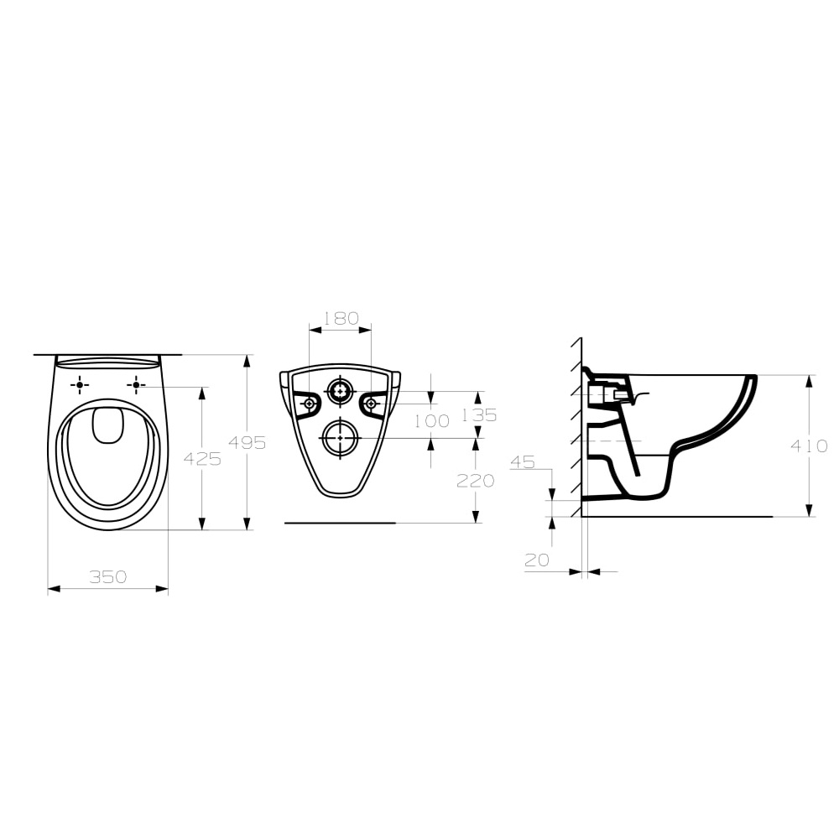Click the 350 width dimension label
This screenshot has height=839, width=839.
(108, 577)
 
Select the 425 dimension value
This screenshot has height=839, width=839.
(202, 459)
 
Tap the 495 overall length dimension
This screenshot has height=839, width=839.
(248, 442)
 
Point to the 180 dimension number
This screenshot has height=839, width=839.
(341, 318)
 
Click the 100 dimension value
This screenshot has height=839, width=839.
(432, 421)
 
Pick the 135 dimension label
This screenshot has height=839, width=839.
(479, 414)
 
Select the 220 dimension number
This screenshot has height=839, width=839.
(475, 481)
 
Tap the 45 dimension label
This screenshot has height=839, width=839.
(523, 461)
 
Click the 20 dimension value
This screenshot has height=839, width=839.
(537, 560)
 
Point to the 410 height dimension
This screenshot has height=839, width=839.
(810, 446)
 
